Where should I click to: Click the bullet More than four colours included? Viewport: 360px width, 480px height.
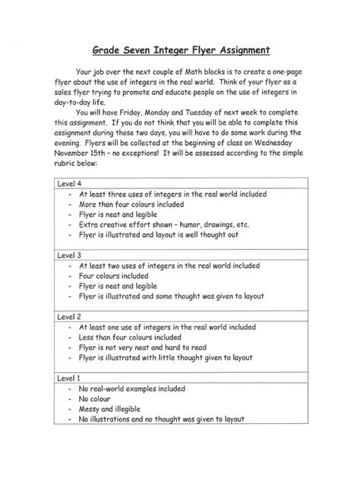click(131, 204)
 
